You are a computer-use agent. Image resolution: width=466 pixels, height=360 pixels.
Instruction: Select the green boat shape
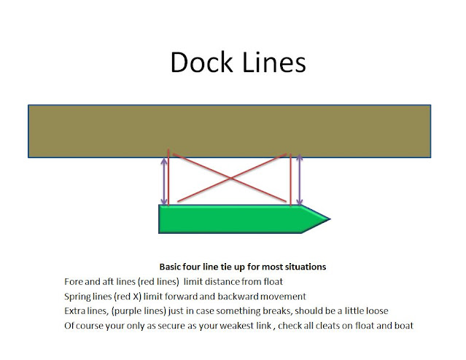click(x=233, y=219)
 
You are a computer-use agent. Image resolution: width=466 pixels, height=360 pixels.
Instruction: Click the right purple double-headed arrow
click(x=300, y=179)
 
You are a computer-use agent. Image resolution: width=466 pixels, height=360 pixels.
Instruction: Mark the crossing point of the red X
click(x=231, y=177)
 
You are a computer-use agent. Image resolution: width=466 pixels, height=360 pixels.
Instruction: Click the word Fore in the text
click(x=74, y=282)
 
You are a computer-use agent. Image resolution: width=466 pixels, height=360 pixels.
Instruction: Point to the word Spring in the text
click(x=78, y=297)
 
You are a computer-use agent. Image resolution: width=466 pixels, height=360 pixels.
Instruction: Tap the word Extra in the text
click(x=75, y=310)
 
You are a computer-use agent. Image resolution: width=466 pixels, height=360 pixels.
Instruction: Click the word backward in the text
click(x=244, y=297)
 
